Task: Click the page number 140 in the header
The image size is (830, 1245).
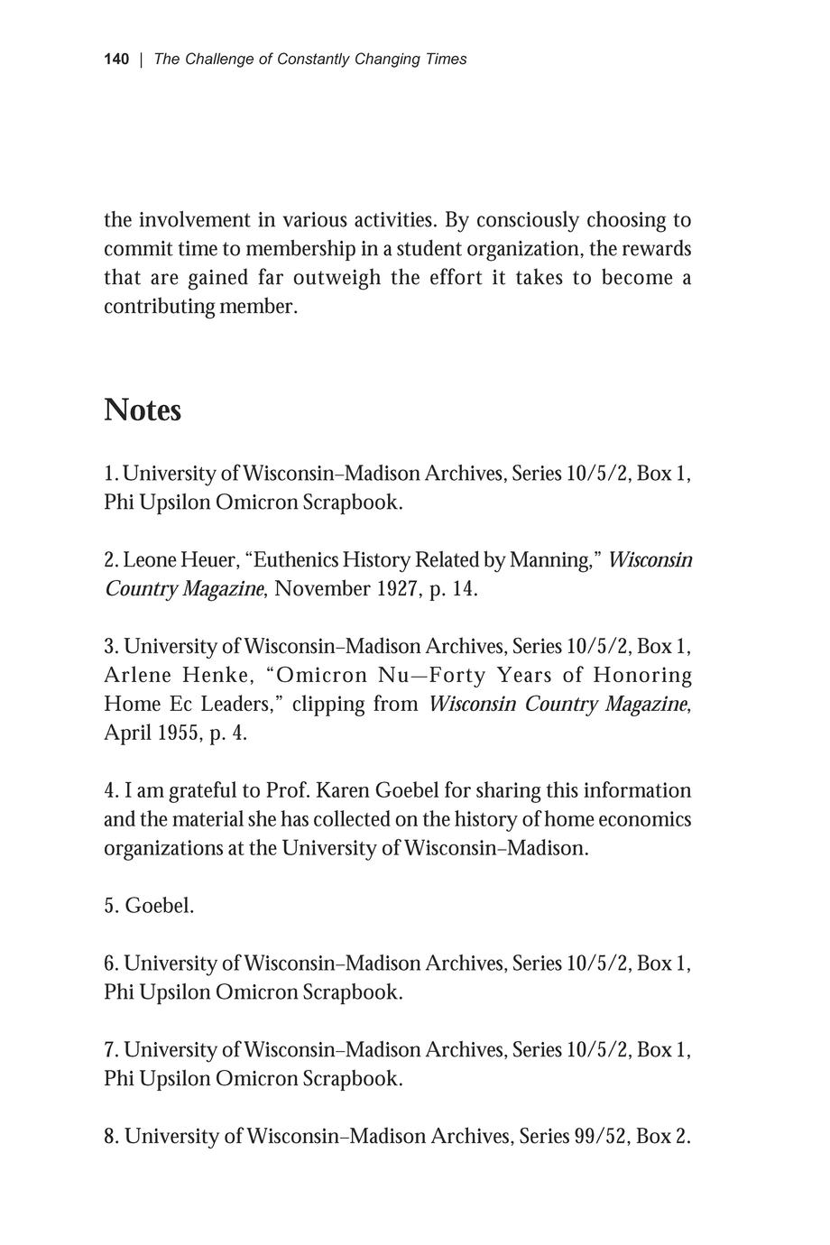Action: click(x=116, y=60)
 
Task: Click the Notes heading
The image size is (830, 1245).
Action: click(x=143, y=410)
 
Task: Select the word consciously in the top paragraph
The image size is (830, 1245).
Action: click(x=527, y=220)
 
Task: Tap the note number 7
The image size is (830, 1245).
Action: click(x=111, y=1050)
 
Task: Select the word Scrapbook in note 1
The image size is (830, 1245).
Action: click(x=351, y=503)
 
